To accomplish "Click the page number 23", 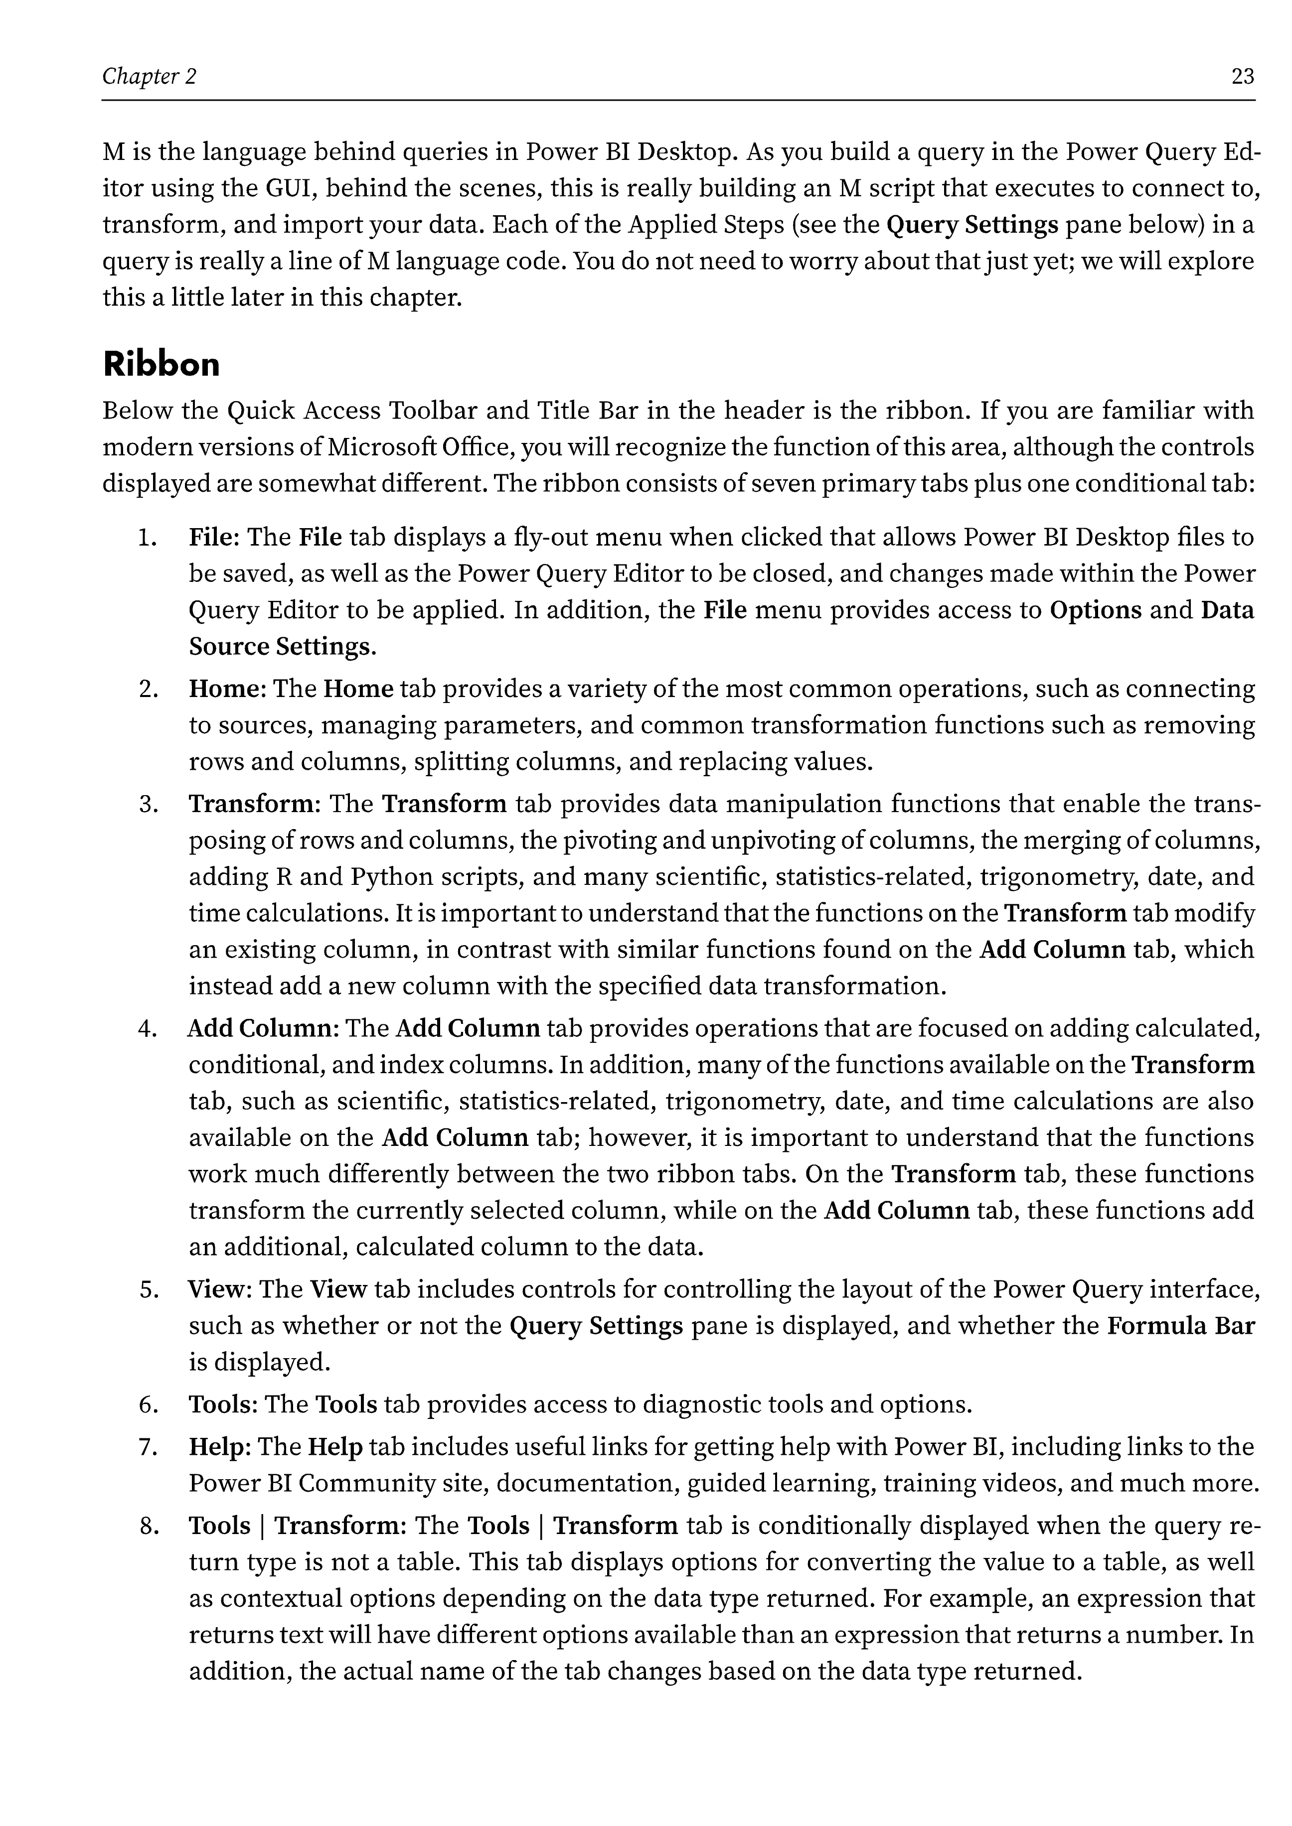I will pos(1242,76).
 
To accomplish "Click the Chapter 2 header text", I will pos(149,76).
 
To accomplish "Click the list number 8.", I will pos(149,1526).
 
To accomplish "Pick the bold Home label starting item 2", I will pos(225,689).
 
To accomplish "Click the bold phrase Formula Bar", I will pos(1181,1326).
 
